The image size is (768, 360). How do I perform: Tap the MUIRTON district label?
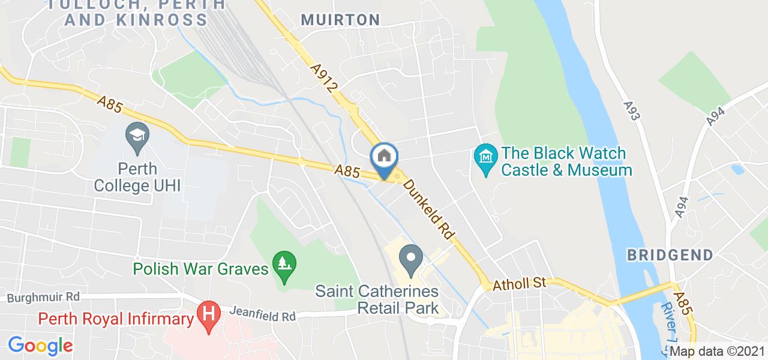340,20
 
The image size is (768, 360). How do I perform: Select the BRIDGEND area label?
670,255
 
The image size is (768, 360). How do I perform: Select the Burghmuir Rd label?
44,297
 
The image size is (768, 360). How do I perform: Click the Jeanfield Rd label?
263,314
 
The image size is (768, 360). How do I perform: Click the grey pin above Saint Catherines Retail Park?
411,259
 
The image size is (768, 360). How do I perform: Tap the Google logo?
40,346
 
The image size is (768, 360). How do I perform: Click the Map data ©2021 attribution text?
718,352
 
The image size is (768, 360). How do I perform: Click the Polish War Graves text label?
200,268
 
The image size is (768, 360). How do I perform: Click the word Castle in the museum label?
524,170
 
